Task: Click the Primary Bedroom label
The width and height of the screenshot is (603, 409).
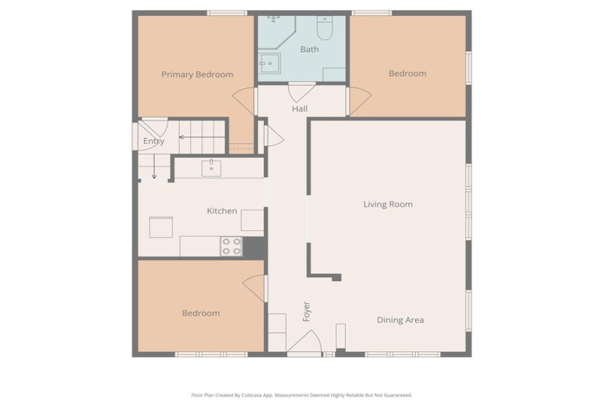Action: (x=197, y=74)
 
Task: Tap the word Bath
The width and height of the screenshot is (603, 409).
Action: (x=309, y=50)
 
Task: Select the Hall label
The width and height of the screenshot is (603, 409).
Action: (x=300, y=109)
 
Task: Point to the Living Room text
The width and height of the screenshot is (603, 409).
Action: (x=388, y=204)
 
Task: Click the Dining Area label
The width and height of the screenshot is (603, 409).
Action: (x=400, y=320)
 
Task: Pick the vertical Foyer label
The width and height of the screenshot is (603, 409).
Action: (x=307, y=311)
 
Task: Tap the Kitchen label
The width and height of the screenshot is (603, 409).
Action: (x=221, y=211)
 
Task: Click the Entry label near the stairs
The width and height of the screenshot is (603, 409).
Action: (x=153, y=142)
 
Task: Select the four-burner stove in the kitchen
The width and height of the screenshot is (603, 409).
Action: (x=232, y=247)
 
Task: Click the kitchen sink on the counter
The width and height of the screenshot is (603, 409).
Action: (x=211, y=167)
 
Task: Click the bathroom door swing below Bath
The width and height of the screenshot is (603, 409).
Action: (x=302, y=93)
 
